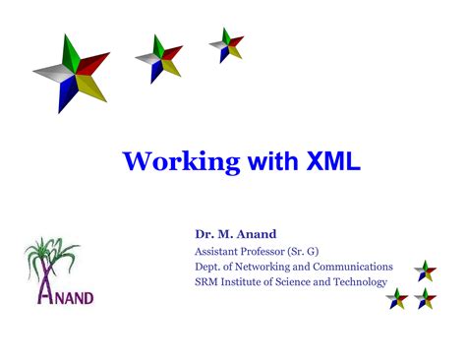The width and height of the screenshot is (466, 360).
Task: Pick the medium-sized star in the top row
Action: [x=158, y=56]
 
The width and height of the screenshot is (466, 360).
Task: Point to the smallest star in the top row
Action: [x=225, y=44]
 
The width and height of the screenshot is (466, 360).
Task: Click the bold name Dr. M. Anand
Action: [x=235, y=234]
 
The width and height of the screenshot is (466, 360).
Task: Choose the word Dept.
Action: [x=208, y=267]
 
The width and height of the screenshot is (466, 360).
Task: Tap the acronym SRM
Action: [x=208, y=282]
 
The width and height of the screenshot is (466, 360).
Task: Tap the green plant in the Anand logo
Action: [x=49, y=258]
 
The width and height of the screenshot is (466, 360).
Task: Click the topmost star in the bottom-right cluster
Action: [x=425, y=270]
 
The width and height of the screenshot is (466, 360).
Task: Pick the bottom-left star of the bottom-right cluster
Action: [x=397, y=299]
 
